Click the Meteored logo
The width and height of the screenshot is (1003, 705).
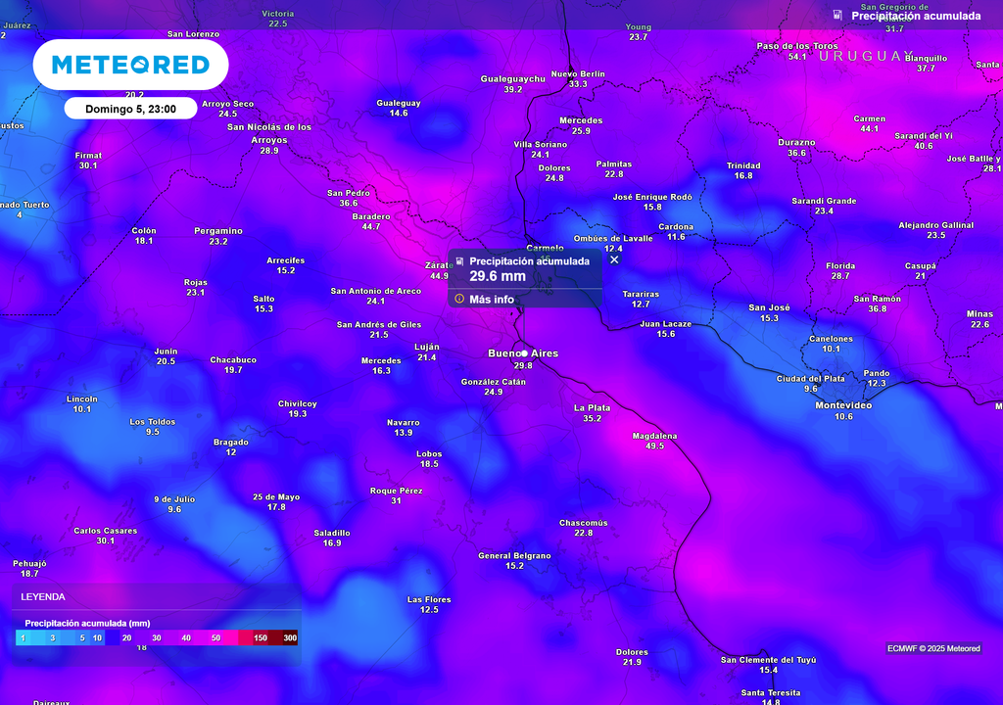pyautogui.click(x=130, y=65)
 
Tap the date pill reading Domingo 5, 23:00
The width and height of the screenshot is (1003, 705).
pyautogui.click(x=130, y=109)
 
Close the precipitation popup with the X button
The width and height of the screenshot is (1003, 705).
pyautogui.click(x=614, y=259)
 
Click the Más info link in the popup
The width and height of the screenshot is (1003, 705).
pyautogui.click(x=491, y=299)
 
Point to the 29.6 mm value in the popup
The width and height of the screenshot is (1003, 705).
pyautogui.click(x=498, y=276)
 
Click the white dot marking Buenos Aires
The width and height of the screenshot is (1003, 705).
pyautogui.click(x=524, y=352)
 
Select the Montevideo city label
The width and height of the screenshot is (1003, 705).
pyautogui.click(x=843, y=405)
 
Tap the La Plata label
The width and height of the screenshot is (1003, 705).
pyautogui.click(x=592, y=407)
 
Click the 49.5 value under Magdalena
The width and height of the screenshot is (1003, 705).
pyautogui.click(x=654, y=446)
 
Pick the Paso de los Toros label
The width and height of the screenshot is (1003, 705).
pyautogui.click(x=797, y=46)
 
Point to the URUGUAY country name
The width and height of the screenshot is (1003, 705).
pyautogui.click(x=866, y=56)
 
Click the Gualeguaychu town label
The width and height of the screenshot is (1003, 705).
pyautogui.click(x=512, y=78)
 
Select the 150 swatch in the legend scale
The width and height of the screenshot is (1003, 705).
pyautogui.click(x=261, y=637)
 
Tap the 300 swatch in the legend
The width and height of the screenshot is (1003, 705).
pyautogui.click(x=289, y=637)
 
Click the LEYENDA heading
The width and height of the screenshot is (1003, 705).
pyautogui.click(x=43, y=596)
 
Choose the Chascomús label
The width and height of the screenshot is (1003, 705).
pyautogui.click(x=583, y=523)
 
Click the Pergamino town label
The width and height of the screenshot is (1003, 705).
pyautogui.click(x=218, y=231)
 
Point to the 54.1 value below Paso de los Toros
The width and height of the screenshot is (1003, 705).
pyautogui.click(x=797, y=57)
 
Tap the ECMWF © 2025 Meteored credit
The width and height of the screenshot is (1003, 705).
pyautogui.click(x=933, y=648)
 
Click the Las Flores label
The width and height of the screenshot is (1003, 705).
pyautogui.click(x=429, y=599)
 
